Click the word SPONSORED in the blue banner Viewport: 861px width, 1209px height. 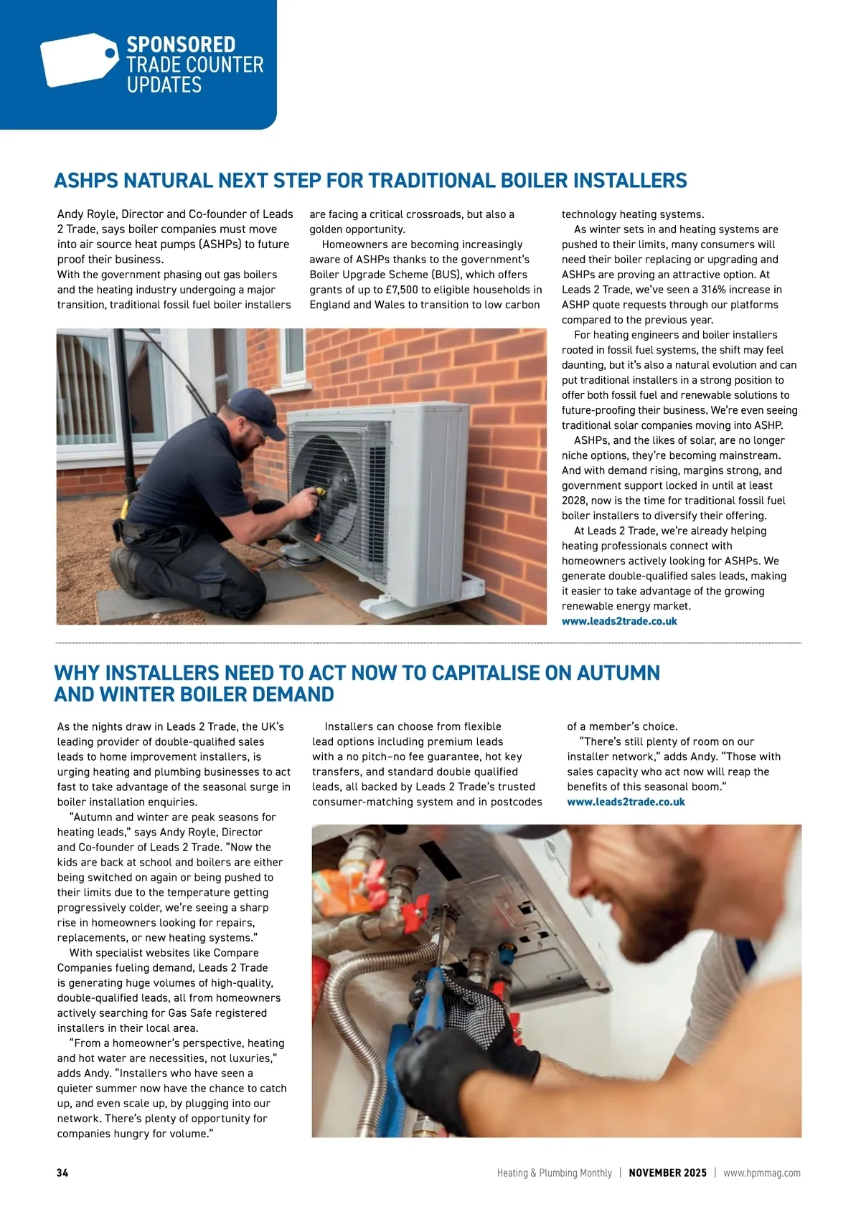click(x=181, y=44)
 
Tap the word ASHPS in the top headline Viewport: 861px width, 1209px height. click(x=86, y=180)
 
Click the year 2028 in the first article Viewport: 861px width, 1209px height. click(x=574, y=501)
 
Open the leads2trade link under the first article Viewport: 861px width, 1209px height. click(x=619, y=621)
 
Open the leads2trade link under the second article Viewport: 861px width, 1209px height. click(x=626, y=802)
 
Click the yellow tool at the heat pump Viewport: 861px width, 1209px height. click(x=316, y=493)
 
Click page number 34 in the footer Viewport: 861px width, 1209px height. click(x=62, y=1173)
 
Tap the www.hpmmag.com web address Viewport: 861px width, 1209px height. click(x=761, y=1173)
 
